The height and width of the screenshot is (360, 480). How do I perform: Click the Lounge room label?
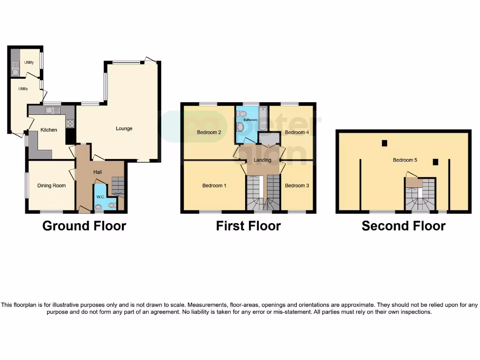(124, 128)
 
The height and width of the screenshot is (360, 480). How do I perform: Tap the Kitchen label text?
(49, 130)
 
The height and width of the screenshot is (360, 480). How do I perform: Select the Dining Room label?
(52, 186)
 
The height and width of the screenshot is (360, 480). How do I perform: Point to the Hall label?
(97, 172)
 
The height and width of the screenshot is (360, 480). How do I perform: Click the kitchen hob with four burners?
(70, 123)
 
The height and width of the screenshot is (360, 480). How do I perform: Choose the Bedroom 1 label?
(214, 186)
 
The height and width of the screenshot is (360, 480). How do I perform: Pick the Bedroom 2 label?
(209, 132)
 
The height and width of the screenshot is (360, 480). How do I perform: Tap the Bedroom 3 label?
(297, 186)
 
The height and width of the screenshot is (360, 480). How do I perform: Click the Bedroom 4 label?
(297, 132)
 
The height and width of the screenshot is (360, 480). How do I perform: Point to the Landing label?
(262, 160)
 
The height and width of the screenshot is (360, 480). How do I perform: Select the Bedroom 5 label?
(405, 160)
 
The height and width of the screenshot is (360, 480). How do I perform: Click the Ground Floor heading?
(84, 226)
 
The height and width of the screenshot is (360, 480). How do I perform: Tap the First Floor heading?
(248, 226)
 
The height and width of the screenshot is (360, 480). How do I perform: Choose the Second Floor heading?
(404, 226)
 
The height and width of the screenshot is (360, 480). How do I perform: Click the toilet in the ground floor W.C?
(112, 204)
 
